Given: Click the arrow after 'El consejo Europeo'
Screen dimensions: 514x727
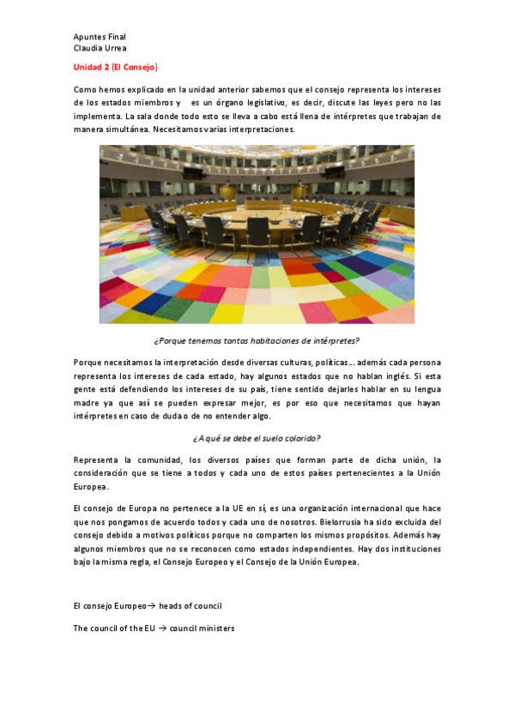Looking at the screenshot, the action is coord(141,606).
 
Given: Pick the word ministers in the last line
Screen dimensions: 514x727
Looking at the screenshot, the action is coord(215,628).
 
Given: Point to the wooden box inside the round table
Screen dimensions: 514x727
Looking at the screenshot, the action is coord(257,207).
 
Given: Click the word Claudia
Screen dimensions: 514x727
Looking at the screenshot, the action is coord(88,49).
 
